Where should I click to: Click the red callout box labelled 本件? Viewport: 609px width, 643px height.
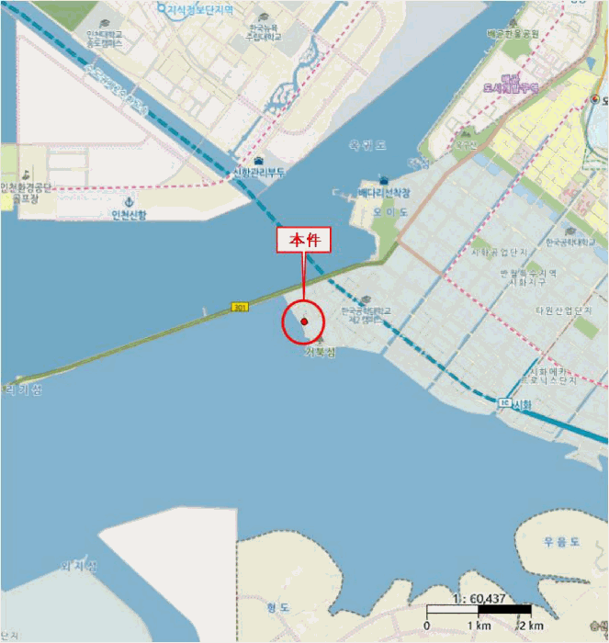[303, 241]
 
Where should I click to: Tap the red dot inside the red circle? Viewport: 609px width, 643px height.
[303, 321]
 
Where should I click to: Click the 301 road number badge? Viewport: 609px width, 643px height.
[241, 307]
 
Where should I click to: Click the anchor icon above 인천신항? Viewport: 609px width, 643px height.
[129, 201]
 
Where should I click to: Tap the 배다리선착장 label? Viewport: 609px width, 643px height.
[385, 193]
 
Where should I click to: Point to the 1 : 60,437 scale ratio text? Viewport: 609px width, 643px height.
[479, 598]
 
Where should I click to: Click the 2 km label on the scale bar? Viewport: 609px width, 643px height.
[529, 626]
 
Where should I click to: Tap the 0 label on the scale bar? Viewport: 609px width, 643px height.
[427, 626]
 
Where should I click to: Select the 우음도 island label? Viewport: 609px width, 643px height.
[560, 543]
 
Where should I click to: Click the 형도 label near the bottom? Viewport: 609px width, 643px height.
[278, 607]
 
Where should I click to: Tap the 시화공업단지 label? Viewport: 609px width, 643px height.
[499, 252]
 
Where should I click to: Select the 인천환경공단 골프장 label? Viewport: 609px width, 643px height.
[27, 192]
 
